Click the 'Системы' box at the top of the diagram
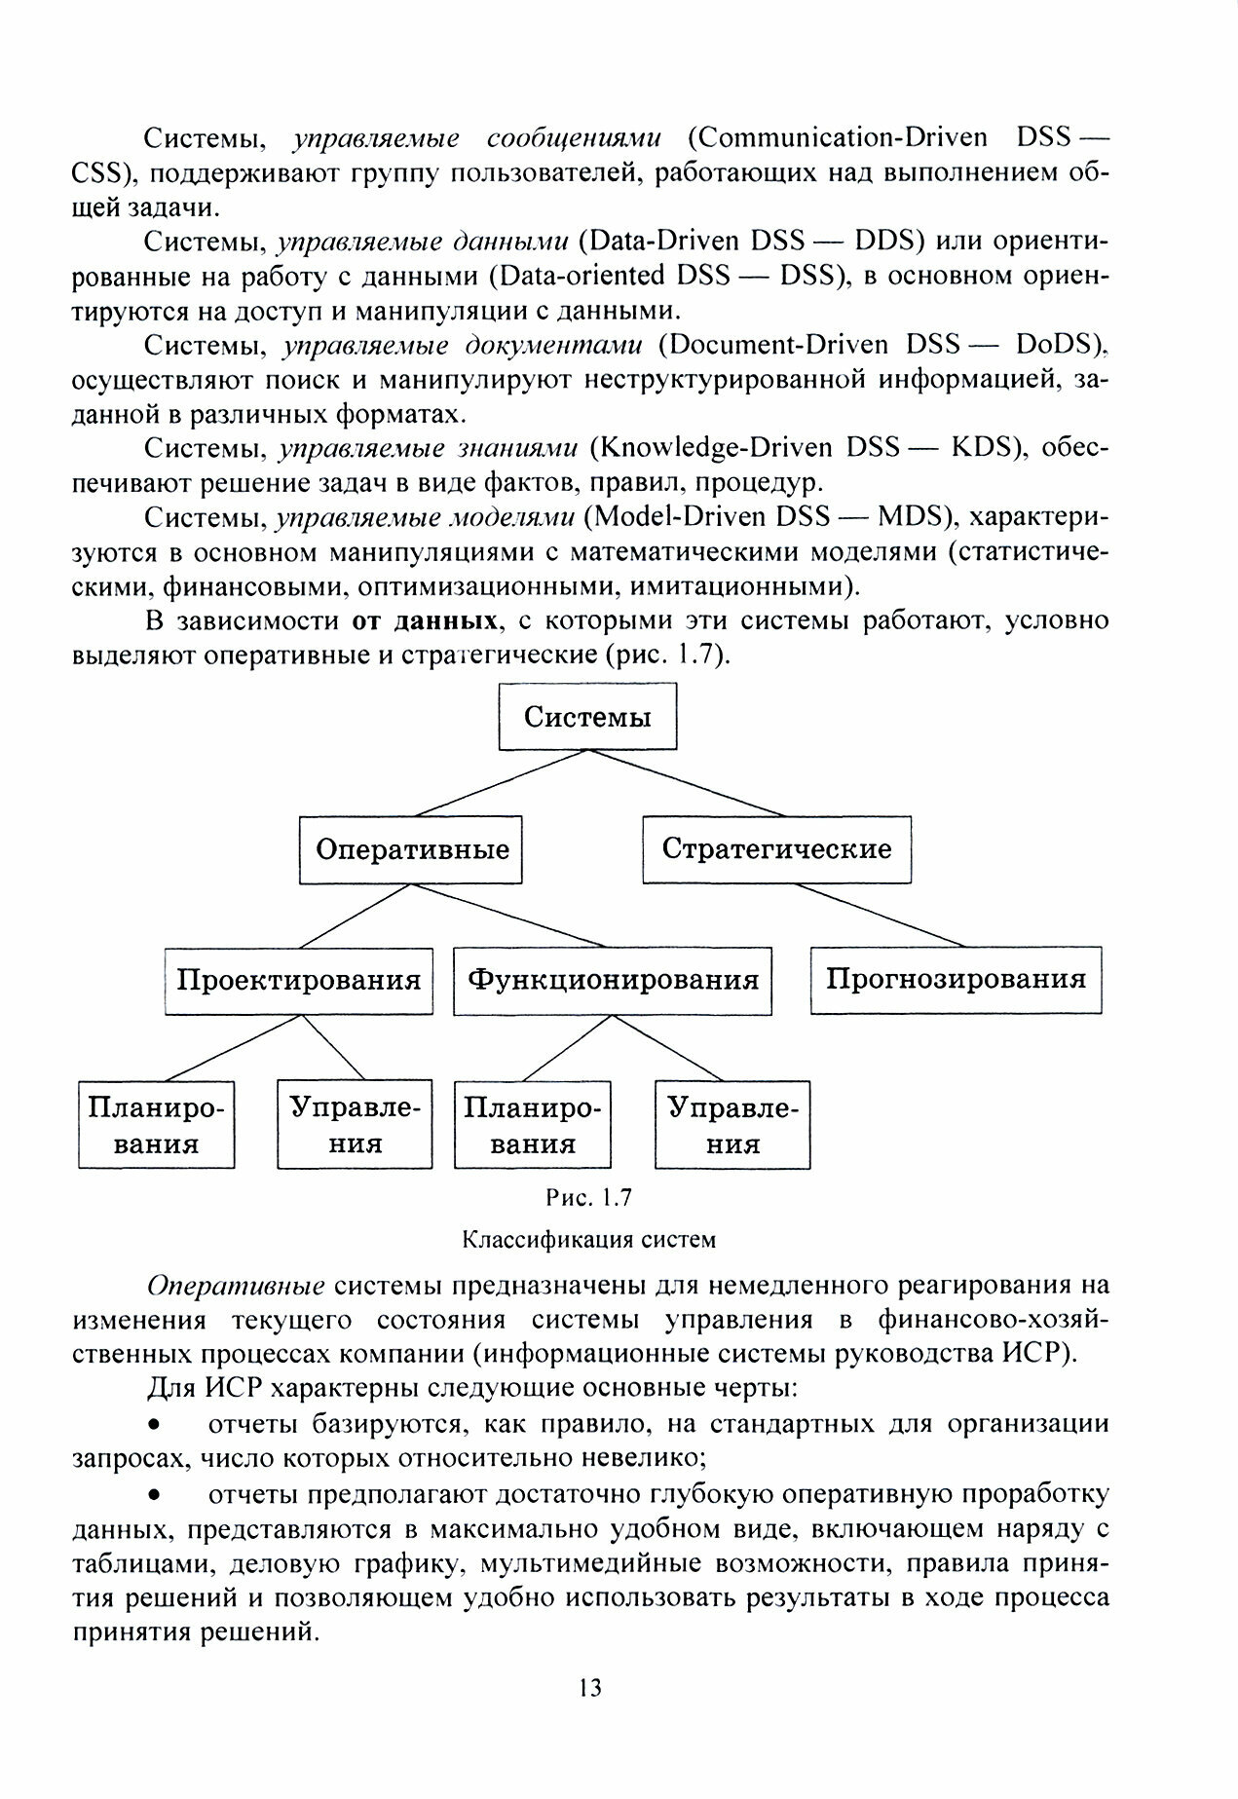[587, 717]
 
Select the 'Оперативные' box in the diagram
[411, 849]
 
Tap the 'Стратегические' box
[776, 849]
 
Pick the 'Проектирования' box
[298, 980]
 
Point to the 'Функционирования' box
[613, 980]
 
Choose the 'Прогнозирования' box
[956, 980]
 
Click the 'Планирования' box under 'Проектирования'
[156, 1125]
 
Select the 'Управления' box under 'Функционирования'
[732, 1125]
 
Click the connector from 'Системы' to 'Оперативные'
[502, 782]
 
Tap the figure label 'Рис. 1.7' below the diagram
[588, 1197]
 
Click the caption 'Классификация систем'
[588, 1240]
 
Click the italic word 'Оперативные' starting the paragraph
[236, 1286]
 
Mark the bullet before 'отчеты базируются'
[153, 1425]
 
